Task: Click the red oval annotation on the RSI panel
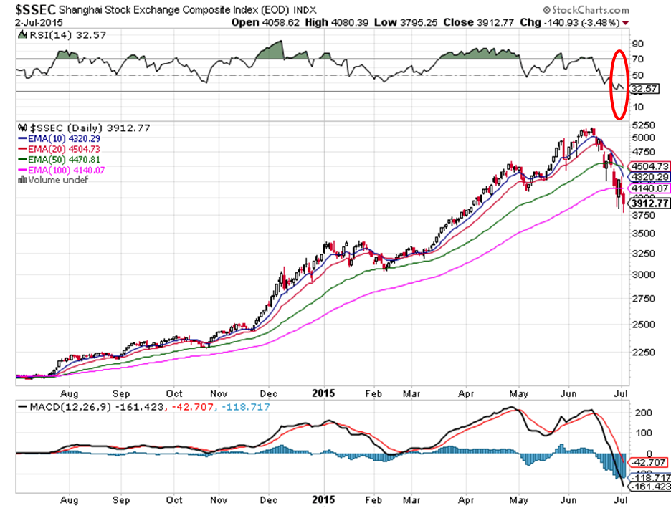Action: [619, 84]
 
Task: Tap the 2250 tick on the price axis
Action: [641, 352]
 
